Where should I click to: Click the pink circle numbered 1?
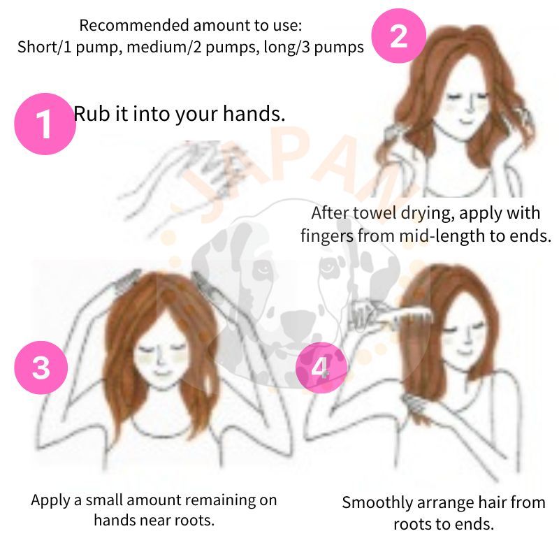pos(45,124)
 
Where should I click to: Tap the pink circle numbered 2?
pos(398,36)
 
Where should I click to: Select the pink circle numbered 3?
pos(41,368)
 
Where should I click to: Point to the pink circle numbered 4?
pos(321,368)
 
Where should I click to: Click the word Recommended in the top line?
pos(135,26)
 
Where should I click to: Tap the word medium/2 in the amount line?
pos(164,47)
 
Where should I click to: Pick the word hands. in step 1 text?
pos(254,113)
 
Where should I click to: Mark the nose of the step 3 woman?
pos(161,360)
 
